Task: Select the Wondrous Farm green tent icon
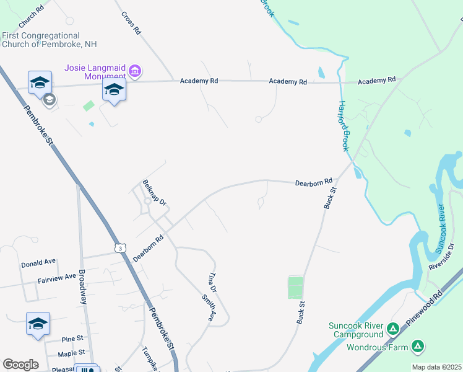click(x=418, y=346)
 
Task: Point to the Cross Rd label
click(x=132, y=23)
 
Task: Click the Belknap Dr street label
click(x=155, y=193)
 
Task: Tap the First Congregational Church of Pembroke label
click(x=49, y=40)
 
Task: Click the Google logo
click(x=20, y=365)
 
